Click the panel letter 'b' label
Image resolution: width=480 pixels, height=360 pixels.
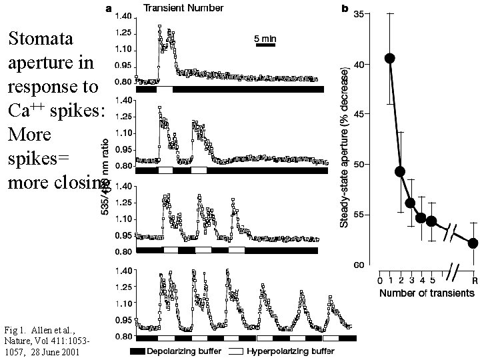pos(345,9)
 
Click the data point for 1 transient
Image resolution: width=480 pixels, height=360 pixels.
pos(390,58)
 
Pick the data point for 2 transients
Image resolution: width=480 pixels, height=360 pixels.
pos(401,171)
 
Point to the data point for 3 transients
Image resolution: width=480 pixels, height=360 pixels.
pos(411,203)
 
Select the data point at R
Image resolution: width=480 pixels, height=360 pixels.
pos(473,243)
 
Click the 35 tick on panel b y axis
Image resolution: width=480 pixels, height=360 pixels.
pos(359,14)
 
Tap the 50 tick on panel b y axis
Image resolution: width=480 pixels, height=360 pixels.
pos(359,165)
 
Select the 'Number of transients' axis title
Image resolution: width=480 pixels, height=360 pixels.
pos(418,292)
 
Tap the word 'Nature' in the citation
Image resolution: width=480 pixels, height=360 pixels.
pos(17,341)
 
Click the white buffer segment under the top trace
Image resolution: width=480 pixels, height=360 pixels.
pos(164,89)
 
